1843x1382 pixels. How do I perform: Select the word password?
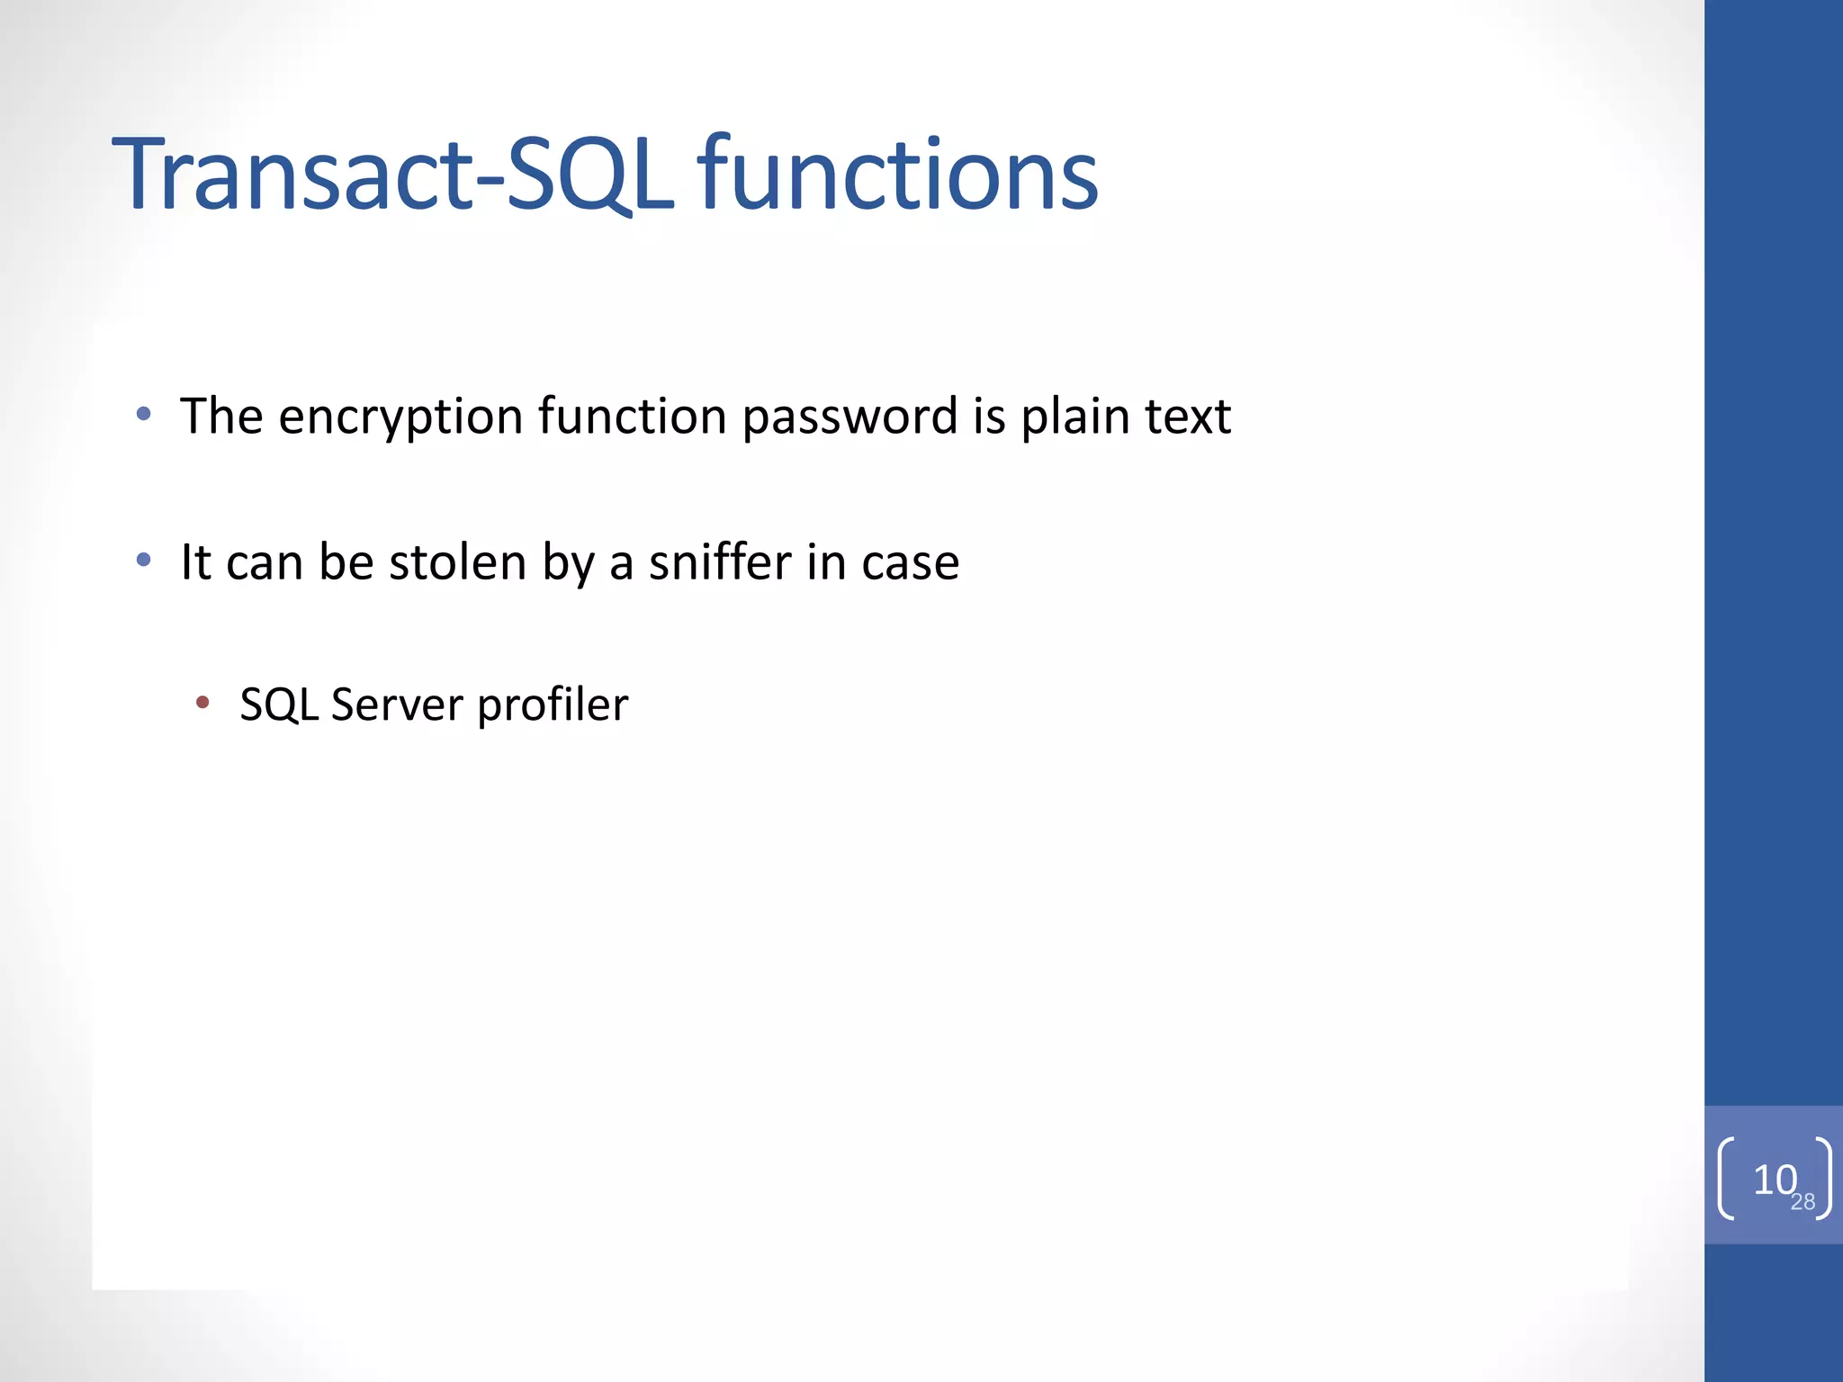pyautogui.click(x=850, y=417)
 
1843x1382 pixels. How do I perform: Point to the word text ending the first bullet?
pyautogui.click(x=1187, y=417)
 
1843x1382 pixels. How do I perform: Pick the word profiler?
pyautogui.click(x=553, y=704)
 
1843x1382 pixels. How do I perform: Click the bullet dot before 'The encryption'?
pyautogui.click(x=143, y=415)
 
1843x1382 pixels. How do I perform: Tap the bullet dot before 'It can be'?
pyautogui.click(x=143, y=561)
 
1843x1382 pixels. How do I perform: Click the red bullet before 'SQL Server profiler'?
pyautogui.click(x=202, y=702)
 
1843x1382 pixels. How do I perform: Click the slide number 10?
pyautogui.click(x=1772, y=1179)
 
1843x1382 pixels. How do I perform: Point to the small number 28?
pyautogui.click(x=1803, y=1202)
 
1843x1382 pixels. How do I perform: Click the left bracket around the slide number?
pyautogui.click(x=1725, y=1179)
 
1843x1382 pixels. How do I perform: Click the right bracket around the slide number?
pyautogui.click(x=1824, y=1179)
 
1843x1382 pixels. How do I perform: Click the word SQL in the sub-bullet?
pyautogui.click(x=278, y=704)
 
